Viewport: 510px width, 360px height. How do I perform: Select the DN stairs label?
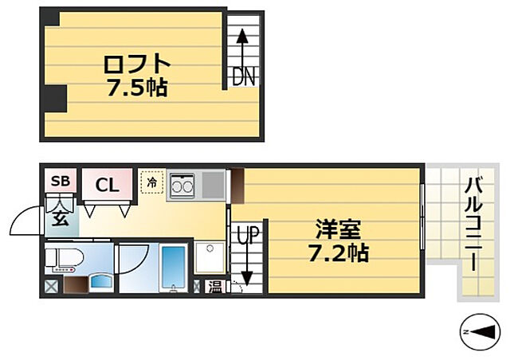(242, 76)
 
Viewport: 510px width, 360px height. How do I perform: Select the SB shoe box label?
(61, 182)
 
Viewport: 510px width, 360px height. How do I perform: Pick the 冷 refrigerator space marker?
(152, 182)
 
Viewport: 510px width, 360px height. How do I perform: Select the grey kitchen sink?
(214, 185)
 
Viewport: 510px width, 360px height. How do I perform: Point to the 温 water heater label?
(216, 287)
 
